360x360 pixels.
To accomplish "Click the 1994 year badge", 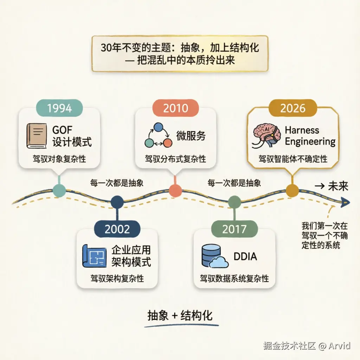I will pyautogui.click(x=59, y=108).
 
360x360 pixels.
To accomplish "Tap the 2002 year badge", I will pyautogui.click(x=117, y=229).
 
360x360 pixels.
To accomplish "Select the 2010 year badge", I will pyautogui.click(x=175, y=108).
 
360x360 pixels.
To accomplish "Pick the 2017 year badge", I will pyautogui.click(x=234, y=229).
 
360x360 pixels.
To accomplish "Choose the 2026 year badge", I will pyautogui.click(x=293, y=108).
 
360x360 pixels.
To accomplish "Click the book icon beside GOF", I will pyautogui.click(x=37, y=135).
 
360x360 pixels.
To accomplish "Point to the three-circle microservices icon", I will pyautogui.click(x=158, y=135).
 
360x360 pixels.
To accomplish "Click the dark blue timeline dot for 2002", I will pyautogui.click(x=117, y=201).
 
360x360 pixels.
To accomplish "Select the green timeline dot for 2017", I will pyautogui.click(x=234, y=202).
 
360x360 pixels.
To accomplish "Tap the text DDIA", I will pyautogui.click(x=245, y=256).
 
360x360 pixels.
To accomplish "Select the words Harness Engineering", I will pyautogui.click(x=310, y=136).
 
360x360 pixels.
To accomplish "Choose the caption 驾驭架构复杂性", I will pyautogui.click(x=117, y=278).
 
